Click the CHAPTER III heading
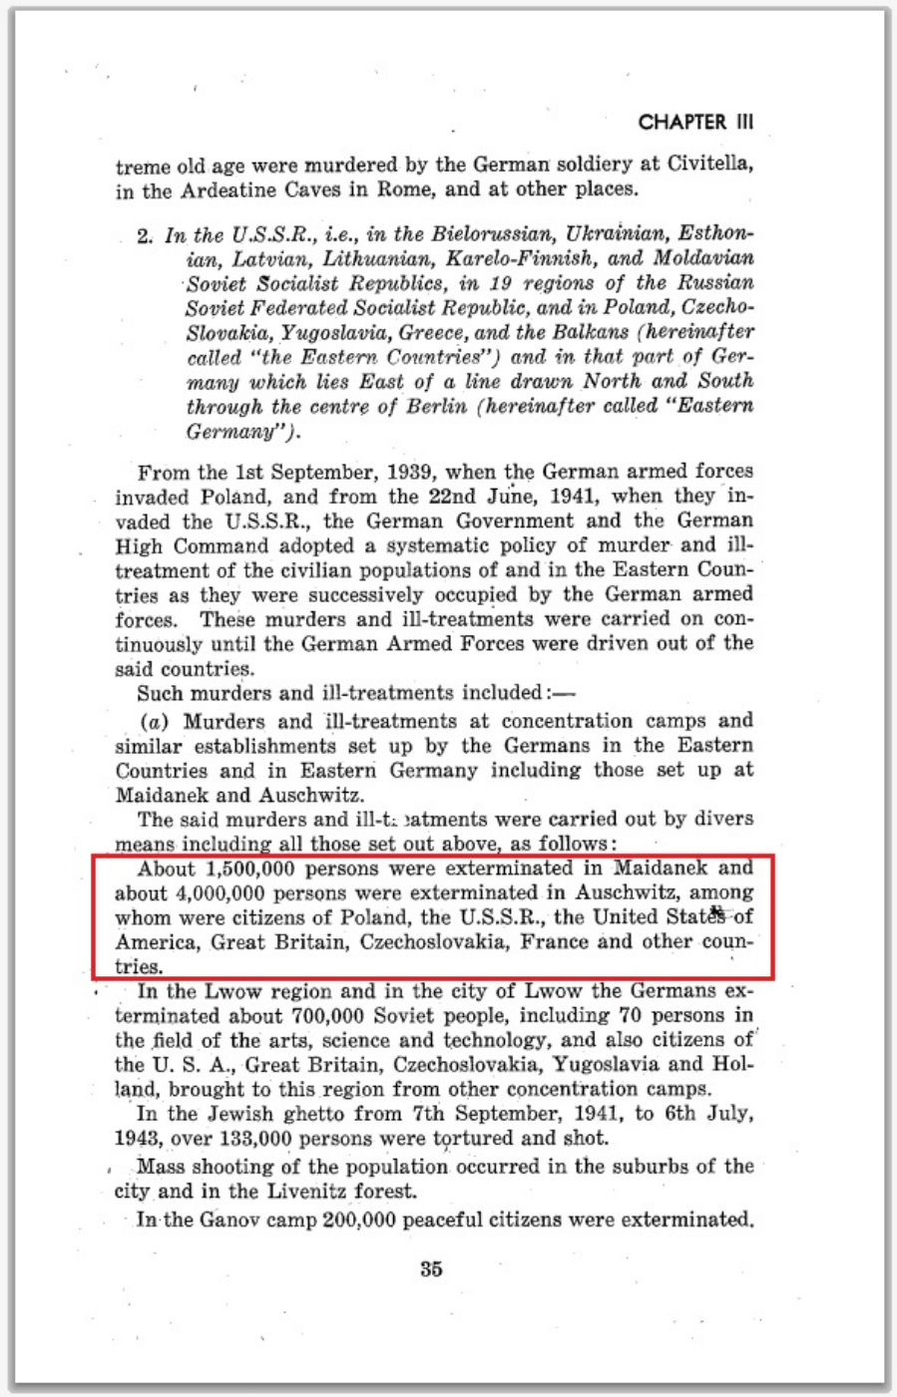point(695,123)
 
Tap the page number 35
point(431,1269)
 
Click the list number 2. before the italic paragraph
point(146,236)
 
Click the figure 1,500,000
point(247,869)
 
